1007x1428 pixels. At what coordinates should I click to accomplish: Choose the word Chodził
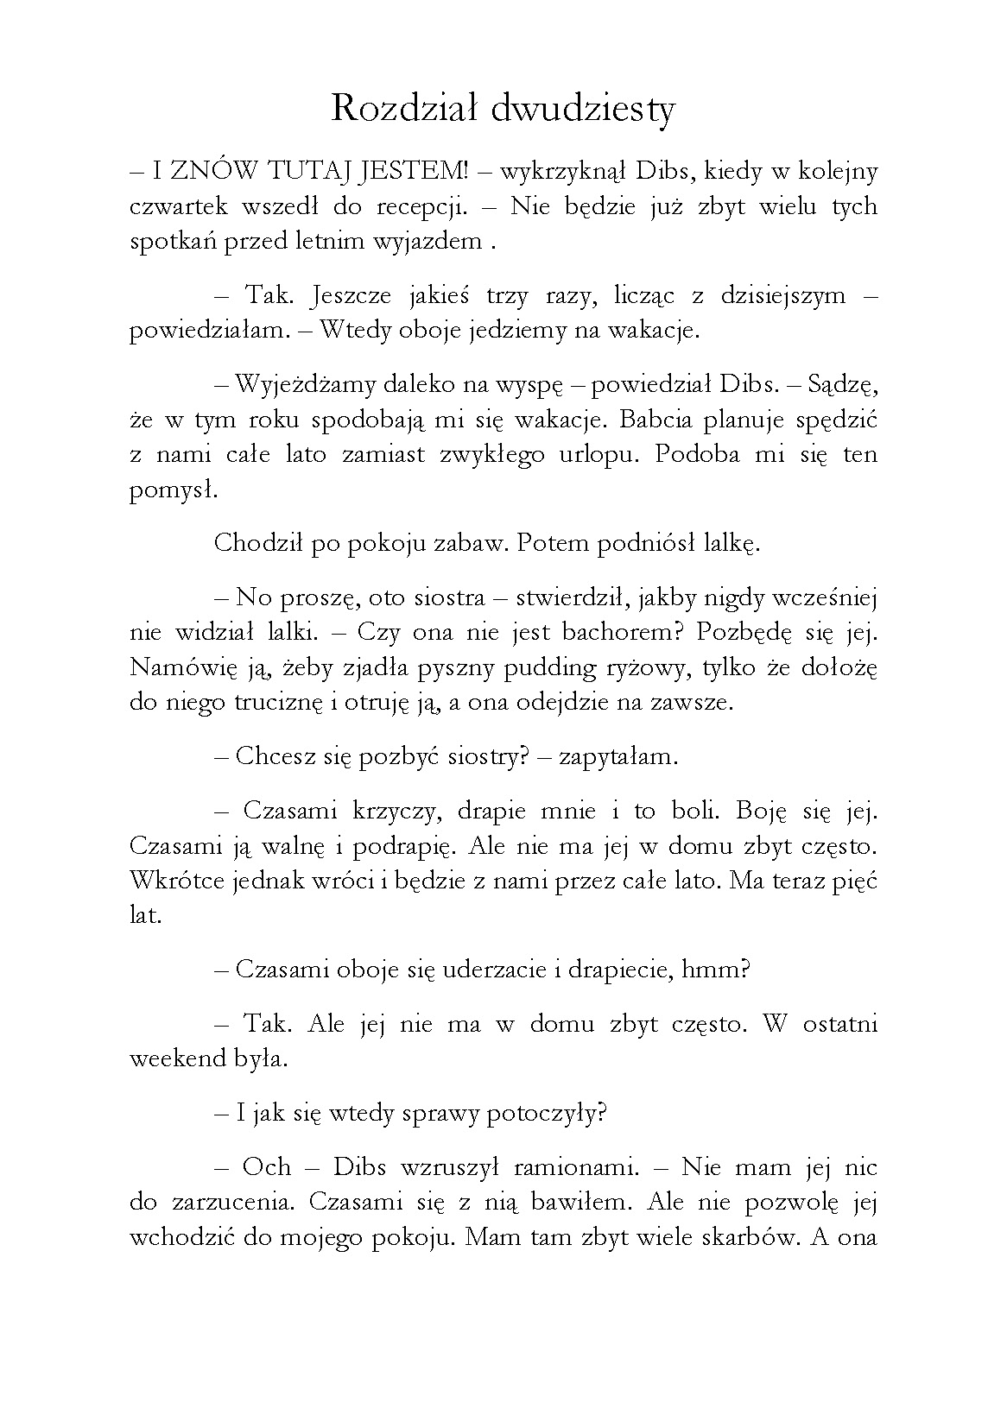249,543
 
